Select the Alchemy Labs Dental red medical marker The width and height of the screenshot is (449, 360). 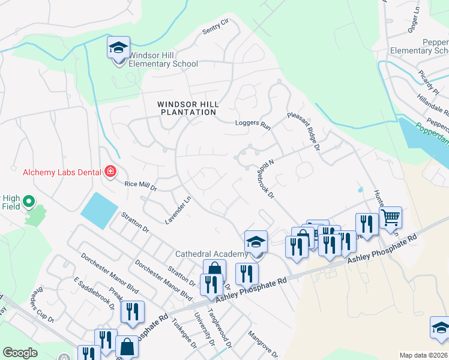point(110,173)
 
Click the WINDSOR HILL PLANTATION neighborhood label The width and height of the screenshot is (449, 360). point(187,108)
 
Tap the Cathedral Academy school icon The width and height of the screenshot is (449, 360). point(256,242)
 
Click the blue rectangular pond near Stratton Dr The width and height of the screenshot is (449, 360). point(100,211)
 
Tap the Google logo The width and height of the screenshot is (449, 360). point(20,353)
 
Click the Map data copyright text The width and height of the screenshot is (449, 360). point(423,355)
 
